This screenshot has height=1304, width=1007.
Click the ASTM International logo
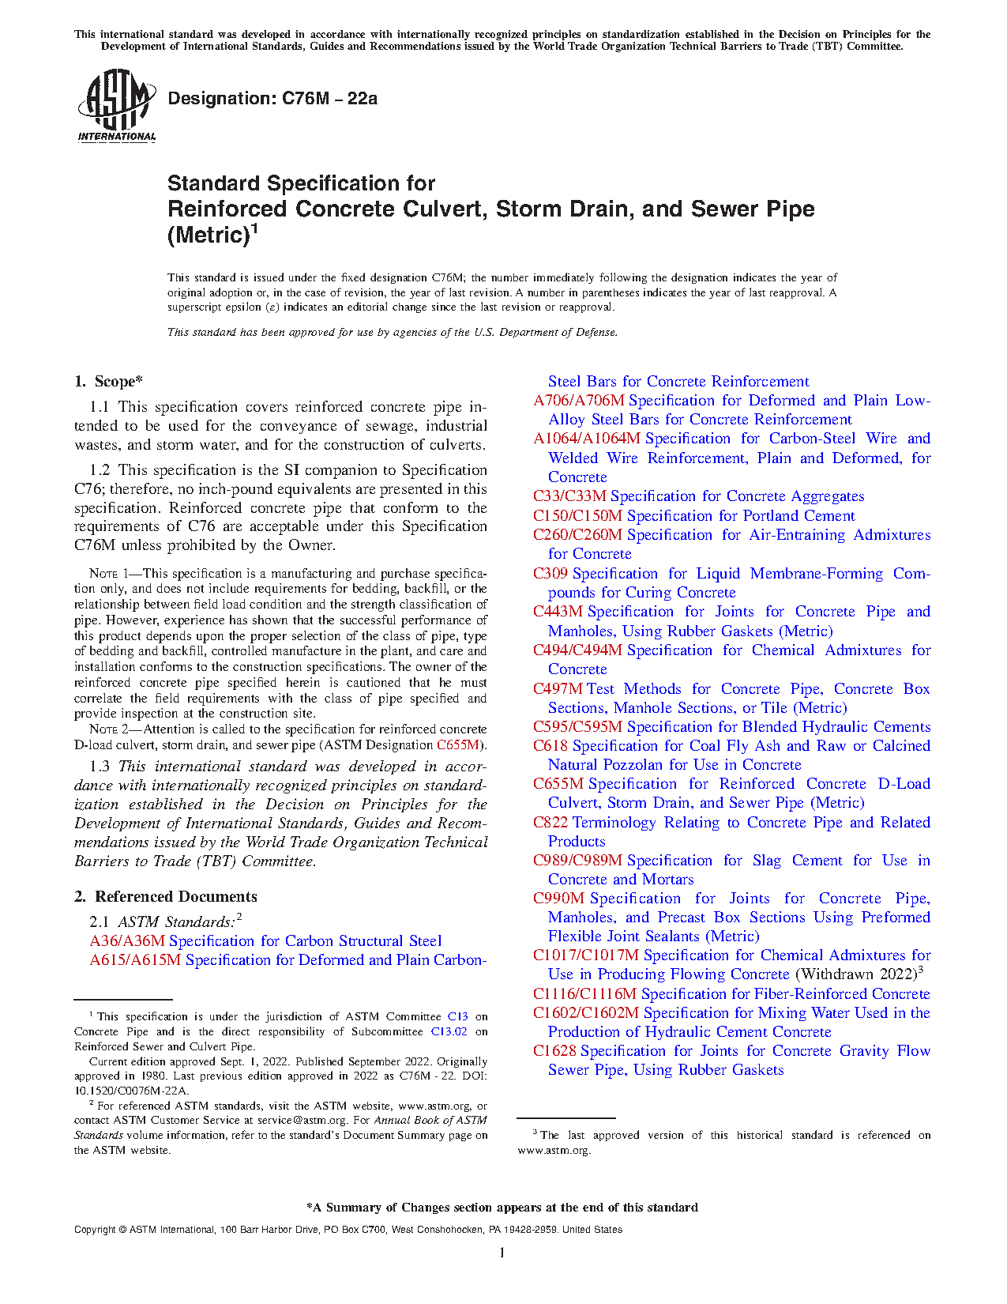click(116, 105)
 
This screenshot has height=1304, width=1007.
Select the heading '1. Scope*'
click(109, 382)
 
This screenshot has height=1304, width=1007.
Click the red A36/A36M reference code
click(127, 941)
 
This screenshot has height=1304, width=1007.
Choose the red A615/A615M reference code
click(135, 960)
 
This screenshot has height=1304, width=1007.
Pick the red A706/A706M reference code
click(578, 401)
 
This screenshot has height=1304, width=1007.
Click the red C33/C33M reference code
click(569, 496)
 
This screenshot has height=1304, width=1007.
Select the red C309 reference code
click(550, 574)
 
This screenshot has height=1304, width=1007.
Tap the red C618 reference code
click(550, 746)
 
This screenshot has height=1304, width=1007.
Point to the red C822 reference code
click(550, 823)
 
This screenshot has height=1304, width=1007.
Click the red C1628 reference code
click(555, 1051)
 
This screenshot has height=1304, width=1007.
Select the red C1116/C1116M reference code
click(584, 994)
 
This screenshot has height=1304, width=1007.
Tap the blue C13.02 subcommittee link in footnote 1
click(449, 1032)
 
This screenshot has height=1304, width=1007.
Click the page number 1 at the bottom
click(502, 1253)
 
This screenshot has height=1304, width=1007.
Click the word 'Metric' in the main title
click(209, 236)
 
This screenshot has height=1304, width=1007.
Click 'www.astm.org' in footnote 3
click(554, 1151)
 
